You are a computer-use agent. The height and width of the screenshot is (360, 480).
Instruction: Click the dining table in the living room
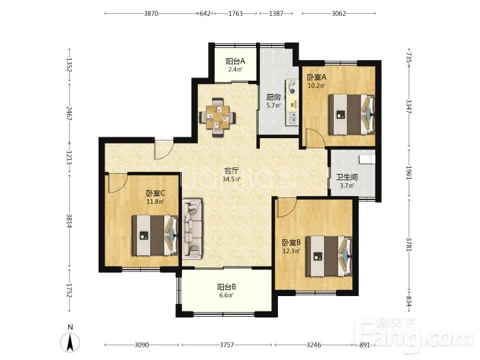pos(217,117)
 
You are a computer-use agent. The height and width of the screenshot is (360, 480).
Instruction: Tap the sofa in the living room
pos(192,229)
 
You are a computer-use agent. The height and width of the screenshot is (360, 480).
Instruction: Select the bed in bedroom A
pos(352,115)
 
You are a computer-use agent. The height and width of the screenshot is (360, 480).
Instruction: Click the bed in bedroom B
pos(329,256)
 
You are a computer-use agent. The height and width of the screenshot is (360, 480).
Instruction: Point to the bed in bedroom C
pos(155,235)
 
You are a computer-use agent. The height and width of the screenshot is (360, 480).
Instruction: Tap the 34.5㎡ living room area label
pos(231,179)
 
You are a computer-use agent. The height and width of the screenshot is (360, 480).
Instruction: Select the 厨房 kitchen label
pos(273,97)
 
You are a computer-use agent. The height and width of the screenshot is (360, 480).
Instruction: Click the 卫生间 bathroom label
pos(347,177)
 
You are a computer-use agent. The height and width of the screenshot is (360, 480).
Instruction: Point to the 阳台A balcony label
pos(235,61)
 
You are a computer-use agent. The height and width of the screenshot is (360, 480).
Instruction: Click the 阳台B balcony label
pos(227,287)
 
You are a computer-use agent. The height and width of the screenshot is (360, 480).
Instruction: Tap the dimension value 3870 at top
pos(151,13)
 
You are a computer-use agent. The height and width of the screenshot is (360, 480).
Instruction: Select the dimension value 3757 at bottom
pos(227,345)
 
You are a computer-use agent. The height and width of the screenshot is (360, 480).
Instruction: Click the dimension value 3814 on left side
pos(69,221)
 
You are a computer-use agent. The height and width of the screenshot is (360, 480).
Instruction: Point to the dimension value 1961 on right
pos(409,173)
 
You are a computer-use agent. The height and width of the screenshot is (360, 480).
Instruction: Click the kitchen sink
pos(293,117)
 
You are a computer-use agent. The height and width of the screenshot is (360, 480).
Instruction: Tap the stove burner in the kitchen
pos(293,87)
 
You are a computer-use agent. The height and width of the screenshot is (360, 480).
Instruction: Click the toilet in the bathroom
pos(367,159)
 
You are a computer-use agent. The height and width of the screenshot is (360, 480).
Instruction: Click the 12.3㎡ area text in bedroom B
pos(291,251)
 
